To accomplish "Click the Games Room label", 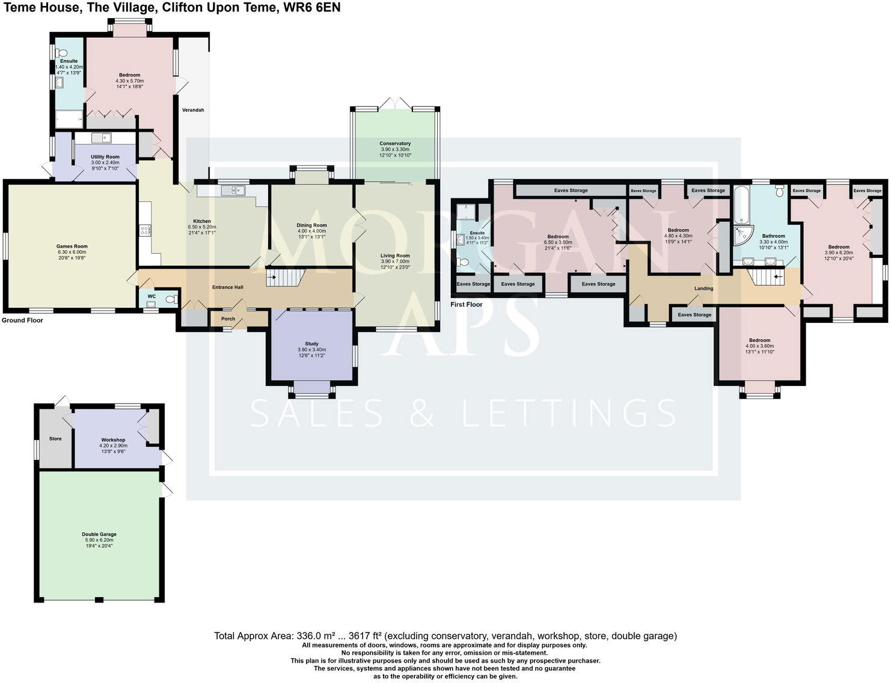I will point(72,246).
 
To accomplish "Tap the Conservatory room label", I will point(395,144).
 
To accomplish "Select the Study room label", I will point(311,344).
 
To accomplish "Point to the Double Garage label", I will point(99,534).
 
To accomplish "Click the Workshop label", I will point(113,440).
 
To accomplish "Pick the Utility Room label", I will point(105,157).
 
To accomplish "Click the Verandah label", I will point(193,110).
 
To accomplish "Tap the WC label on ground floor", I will point(152,296).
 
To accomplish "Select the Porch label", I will point(228,319).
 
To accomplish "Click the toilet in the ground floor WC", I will point(170,299).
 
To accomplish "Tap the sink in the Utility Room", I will point(102,138).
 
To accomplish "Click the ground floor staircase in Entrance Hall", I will point(286,278).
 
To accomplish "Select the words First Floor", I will point(467,304).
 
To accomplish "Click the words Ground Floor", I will point(22,320).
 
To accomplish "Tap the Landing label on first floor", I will point(703,289).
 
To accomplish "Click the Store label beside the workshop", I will point(55,439).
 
